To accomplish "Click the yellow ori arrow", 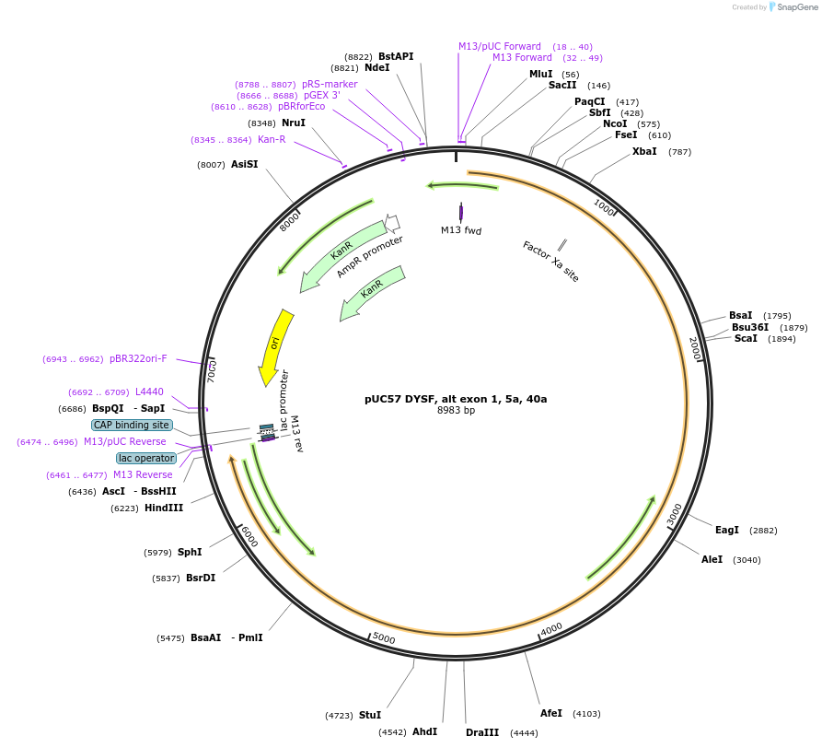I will (274, 345).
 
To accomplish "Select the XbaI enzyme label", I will (644, 151).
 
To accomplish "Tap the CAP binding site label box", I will (132, 426).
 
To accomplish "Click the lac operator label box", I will (146, 458).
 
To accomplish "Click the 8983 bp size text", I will (456, 411).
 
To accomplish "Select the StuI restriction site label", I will (370, 715).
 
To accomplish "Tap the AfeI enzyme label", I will (551, 713).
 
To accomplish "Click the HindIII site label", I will (164, 508).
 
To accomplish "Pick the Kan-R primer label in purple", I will (272, 140).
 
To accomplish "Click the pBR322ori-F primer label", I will (138, 358).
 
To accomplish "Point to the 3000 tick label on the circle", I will (675, 513).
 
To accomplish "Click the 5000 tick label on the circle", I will (384, 638).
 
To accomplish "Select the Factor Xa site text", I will (550, 261).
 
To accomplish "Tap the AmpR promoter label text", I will (370, 256).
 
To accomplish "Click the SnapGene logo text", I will (796, 6).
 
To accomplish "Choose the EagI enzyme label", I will (727, 530).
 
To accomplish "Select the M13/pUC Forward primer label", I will (500, 46).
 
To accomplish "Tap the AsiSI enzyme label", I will (245, 164).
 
